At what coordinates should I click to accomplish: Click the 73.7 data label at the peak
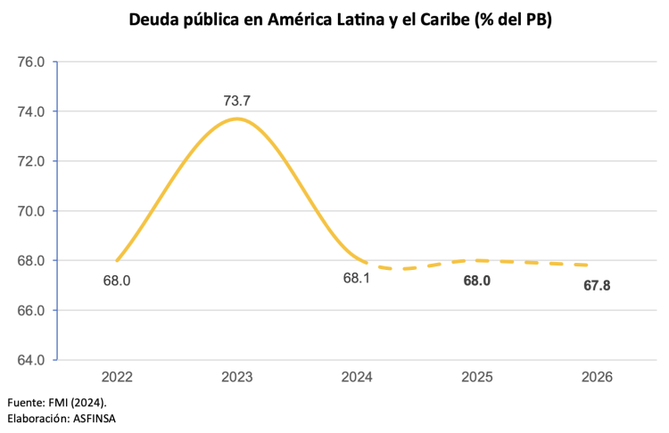236,101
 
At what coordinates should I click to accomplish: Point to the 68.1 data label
357,280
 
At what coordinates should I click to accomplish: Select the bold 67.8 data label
597,286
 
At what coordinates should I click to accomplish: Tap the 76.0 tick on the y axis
30,62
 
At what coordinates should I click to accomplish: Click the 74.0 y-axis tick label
30,112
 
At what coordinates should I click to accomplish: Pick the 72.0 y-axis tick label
30,161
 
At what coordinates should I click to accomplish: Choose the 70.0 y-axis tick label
30,211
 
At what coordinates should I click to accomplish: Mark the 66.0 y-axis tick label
30,310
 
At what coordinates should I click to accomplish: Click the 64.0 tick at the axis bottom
30,360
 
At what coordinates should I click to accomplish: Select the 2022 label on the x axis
117,378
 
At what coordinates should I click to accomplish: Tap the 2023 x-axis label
236,378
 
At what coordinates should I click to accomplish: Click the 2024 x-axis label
357,378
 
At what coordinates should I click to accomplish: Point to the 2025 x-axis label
476,378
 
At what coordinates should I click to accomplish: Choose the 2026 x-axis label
597,378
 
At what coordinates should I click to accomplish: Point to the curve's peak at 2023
236,118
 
